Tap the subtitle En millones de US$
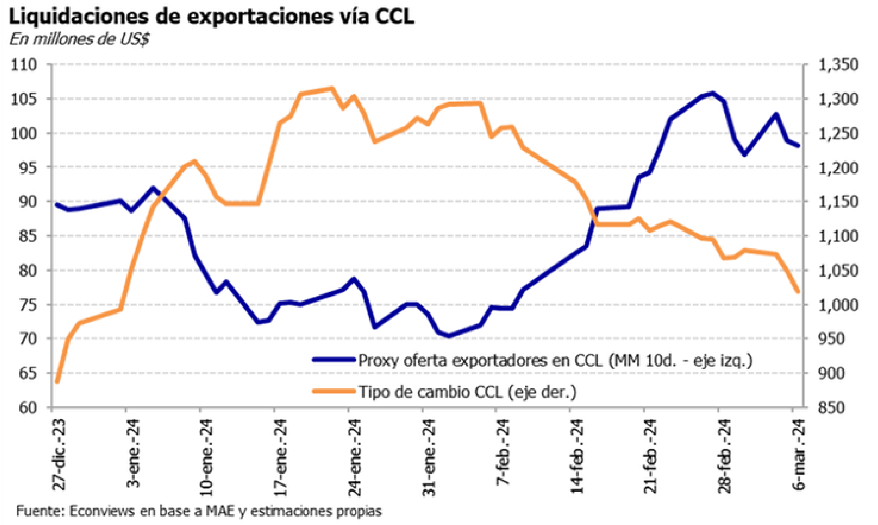(79, 39)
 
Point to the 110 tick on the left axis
(24, 65)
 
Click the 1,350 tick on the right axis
(838, 65)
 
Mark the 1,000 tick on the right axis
(838, 304)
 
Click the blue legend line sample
(334, 360)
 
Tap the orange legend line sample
(334, 391)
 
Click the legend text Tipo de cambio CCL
(431, 392)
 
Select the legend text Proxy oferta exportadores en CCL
(480, 360)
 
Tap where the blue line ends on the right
(798, 145)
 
